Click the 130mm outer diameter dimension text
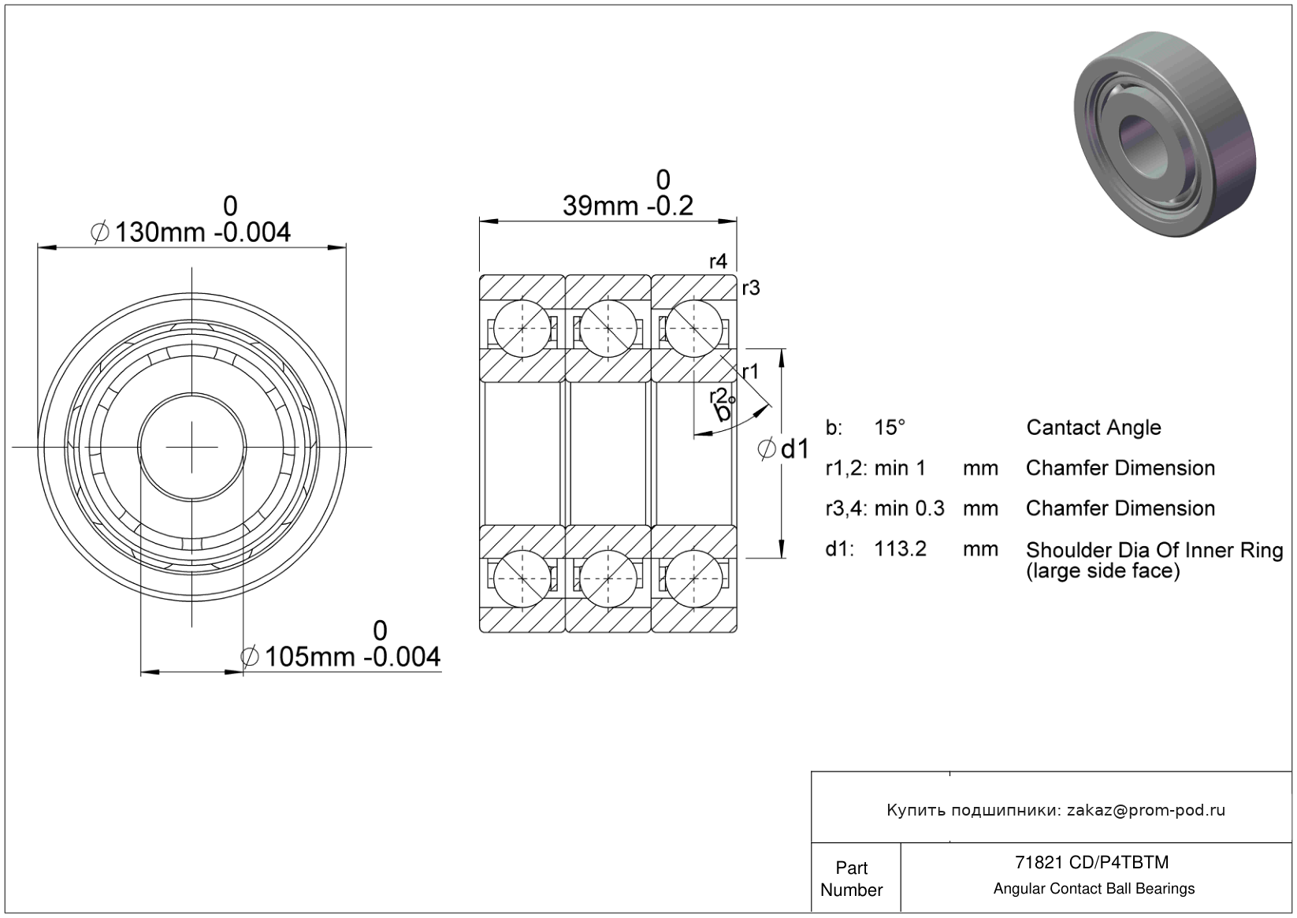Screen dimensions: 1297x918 pos(191,232)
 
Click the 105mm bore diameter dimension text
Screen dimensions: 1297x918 pos(340,657)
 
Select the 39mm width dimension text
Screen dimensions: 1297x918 pos(628,206)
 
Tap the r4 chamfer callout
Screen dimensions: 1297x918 pos(718,262)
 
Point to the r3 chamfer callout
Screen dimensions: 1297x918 pos(750,288)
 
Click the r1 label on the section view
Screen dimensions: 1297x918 pos(750,372)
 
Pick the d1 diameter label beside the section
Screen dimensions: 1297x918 pos(782,449)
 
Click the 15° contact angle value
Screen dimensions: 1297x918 pos(890,427)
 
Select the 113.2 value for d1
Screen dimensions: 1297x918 pos(901,548)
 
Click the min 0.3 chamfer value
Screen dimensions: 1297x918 pos(909,508)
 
